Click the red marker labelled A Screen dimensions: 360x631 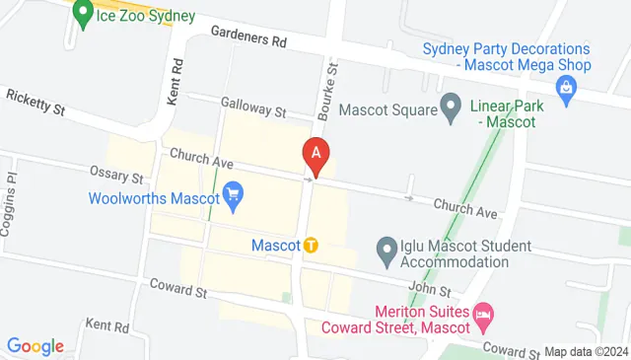[x=315, y=155]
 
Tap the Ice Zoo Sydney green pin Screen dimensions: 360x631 [x=84, y=15]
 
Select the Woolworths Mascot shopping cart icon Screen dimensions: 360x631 [x=234, y=195]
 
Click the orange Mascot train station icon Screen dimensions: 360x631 [x=311, y=245]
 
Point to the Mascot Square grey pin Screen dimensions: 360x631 [x=451, y=104]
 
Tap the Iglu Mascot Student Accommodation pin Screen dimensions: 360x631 [x=386, y=252]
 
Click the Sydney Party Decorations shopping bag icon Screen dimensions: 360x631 [x=567, y=92]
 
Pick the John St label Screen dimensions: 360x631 [x=429, y=291]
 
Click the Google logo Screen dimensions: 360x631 [x=35, y=346]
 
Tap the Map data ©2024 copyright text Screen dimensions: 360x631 [x=586, y=351]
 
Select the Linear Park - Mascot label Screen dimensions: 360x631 [x=502, y=113]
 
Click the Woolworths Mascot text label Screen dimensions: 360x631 [x=153, y=197]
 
